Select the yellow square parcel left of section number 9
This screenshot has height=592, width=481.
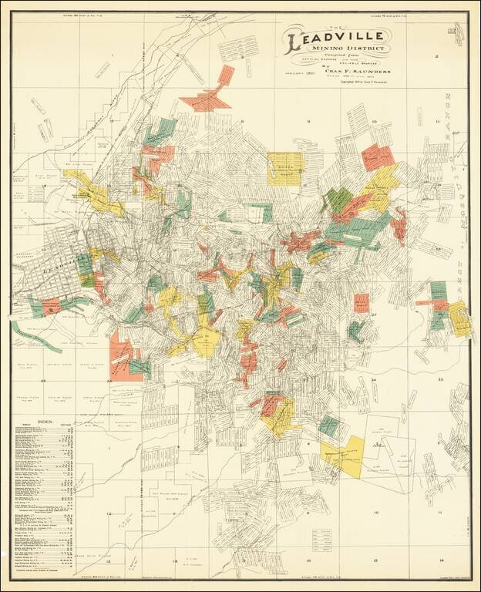(284, 167)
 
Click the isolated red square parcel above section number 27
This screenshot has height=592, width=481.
(361, 302)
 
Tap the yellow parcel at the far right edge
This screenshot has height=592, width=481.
(459, 318)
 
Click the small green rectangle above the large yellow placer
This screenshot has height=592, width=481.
(330, 425)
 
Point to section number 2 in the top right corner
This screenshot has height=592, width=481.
(436, 56)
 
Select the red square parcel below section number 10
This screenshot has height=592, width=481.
(377, 156)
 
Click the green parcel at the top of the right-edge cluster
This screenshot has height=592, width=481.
(438, 290)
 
